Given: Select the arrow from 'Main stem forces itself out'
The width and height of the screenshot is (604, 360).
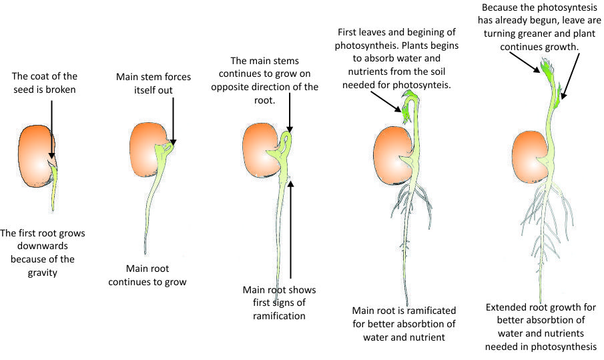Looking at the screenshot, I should pos(173,120).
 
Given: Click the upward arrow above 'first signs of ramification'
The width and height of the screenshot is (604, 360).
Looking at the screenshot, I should pos(291,227).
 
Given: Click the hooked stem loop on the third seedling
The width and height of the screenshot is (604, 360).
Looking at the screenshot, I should pos(286,141).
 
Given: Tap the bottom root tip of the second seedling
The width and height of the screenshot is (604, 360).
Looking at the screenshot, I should pos(145,252).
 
